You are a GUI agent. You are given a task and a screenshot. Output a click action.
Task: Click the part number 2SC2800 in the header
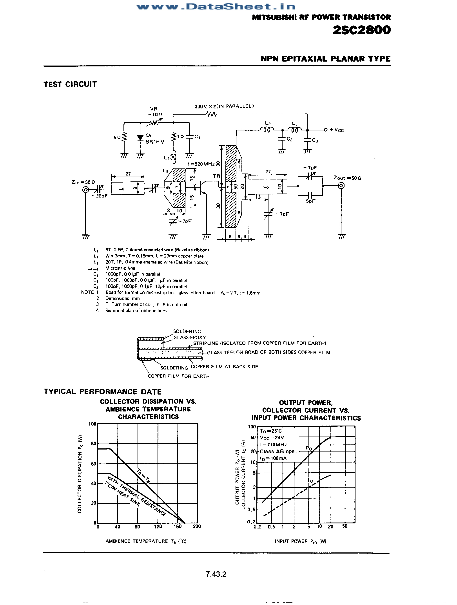362,30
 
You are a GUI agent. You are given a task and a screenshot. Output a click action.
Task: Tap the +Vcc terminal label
336,130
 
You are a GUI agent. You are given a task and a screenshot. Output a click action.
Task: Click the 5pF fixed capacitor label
310,201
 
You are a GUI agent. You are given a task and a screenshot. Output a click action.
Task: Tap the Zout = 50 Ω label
347,178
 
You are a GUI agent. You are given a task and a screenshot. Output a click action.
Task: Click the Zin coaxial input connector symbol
85,190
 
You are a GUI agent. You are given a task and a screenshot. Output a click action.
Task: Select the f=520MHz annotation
201,164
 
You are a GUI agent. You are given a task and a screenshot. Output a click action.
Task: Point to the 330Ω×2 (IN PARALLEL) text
224,106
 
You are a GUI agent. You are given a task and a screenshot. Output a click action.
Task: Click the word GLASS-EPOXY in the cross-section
189,338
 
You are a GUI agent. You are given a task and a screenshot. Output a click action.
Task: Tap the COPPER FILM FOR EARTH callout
178,376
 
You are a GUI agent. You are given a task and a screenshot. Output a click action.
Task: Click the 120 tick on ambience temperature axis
158,526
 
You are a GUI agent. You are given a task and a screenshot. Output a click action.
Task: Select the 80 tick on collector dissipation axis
93,443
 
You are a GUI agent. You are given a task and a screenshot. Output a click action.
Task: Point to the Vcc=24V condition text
272,438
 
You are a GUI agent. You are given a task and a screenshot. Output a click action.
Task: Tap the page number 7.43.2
216,574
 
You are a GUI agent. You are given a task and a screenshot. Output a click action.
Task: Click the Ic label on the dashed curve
310,481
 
